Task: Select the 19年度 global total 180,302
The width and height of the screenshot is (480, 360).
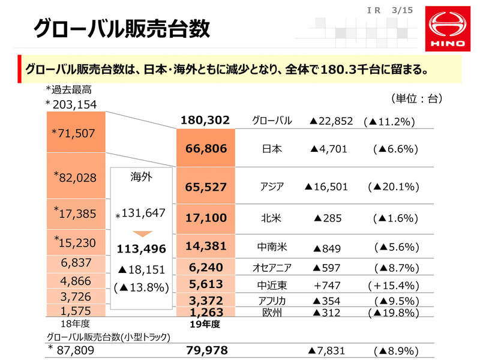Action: point(205,121)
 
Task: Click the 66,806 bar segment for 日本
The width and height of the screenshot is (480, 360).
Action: point(205,149)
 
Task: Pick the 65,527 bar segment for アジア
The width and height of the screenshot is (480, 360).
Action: point(205,187)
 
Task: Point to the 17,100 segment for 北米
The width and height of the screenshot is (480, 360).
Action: point(205,217)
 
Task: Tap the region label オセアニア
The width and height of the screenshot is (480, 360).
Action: point(272,267)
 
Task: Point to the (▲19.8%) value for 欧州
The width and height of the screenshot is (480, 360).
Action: point(394,313)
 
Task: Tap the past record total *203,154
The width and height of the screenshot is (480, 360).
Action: point(71,105)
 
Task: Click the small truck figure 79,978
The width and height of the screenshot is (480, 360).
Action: point(205,350)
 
